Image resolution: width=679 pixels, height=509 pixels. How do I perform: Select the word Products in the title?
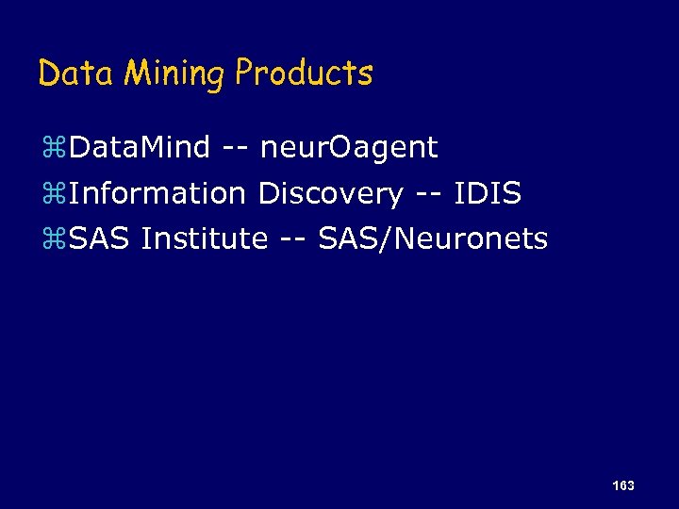pos(304,74)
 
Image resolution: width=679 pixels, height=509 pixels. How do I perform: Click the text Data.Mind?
pos(140,148)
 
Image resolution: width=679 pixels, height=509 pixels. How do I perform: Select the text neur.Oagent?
pos(349,148)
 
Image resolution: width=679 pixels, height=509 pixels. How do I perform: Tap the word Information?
pos(157,194)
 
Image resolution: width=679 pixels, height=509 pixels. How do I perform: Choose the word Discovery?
pos(330,194)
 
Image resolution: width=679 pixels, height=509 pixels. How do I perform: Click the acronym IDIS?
pos(487,194)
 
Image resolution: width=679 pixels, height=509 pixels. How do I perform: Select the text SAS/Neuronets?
pos(433,239)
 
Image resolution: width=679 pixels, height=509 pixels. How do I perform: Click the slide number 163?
pos(622,485)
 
